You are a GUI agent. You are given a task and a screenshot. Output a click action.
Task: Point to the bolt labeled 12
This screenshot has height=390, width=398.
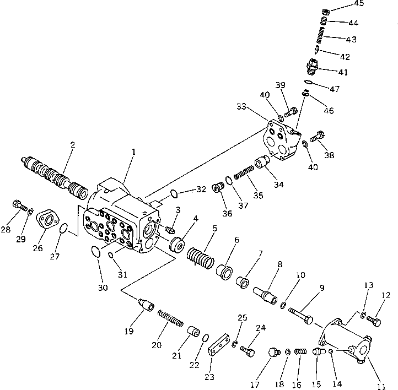372,319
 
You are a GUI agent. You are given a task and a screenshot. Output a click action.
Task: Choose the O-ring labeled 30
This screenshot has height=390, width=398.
95,252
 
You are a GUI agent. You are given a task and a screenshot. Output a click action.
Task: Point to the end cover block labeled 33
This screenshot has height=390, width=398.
280,142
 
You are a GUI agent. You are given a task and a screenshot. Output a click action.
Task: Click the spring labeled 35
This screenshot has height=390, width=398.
243,175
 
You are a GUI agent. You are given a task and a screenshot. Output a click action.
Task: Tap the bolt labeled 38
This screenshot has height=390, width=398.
318,134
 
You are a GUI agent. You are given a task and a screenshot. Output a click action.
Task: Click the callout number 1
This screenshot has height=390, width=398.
133,151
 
